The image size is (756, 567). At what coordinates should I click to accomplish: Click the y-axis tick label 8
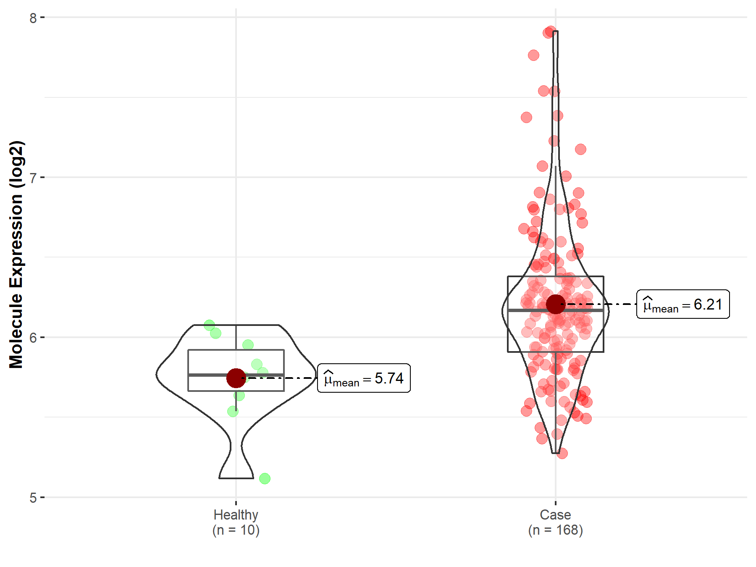tap(33, 18)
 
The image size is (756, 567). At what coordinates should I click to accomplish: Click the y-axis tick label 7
tap(33, 178)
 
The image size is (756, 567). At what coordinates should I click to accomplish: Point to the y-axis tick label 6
tap(33, 338)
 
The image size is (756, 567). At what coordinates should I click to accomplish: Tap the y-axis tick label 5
tap(33, 498)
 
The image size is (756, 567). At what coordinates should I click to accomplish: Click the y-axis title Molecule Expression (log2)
tap(16, 255)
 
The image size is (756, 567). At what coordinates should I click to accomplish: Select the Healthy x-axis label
tap(236, 515)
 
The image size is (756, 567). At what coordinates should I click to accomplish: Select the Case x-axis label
tap(555, 515)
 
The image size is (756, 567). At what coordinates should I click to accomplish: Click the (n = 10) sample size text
tap(236, 530)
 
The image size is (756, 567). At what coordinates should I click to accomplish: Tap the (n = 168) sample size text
tap(555, 530)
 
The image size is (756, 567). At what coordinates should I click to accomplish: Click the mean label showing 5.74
tap(364, 378)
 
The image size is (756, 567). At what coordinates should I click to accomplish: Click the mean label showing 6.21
tap(683, 304)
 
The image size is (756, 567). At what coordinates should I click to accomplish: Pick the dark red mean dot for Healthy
tap(236, 378)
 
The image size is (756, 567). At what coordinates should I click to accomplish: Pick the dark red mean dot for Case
tap(556, 304)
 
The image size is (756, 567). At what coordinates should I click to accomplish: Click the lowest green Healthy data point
tap(265, 478)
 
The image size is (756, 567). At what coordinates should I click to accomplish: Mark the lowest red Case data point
tap(562, 453)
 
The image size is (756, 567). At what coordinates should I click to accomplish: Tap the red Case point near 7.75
tap(533, 55)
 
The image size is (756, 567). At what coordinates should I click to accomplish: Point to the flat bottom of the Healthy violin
tap(236, 478)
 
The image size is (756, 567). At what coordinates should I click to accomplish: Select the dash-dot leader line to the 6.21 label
tap(605, 304)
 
